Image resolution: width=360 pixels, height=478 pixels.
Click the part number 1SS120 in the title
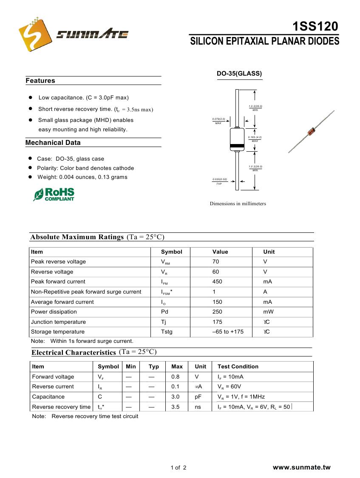pyautogui.click(x=315, y=27)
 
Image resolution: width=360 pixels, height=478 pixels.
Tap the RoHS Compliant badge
pyautogui.click(x=54, y=194)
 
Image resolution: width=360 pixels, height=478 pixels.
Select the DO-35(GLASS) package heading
pyautogui.click(x=239, y=74)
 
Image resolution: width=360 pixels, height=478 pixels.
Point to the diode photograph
pyautogui.click(x=312, y=131)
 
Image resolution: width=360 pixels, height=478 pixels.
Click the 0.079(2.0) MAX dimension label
pyautogui.click(x=218, y=121)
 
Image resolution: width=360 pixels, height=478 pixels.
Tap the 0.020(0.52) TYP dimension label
pyautogui.click(x=219, y=181)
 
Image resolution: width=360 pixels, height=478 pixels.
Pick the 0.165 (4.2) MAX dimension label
pyautogui.click(x=255, y=139)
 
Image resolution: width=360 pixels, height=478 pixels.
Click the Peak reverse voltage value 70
pyautogui.click(x=216, y=262)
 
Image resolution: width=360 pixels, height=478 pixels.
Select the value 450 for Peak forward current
pyautogui.click(x=218, y=282)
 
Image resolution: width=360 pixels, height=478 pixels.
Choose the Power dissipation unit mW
pyautogui.click(x=268, y=312)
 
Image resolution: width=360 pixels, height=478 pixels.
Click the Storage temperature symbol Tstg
pyautogui.click(x=167, y=332)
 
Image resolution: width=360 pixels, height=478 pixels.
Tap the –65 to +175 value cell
pyautogui.click(x=228, y=332)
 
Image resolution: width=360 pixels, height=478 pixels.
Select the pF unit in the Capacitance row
pyautogui.click(x=198, y=397)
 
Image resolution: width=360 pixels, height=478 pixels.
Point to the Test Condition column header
pyautogui.click(x=238, y=367)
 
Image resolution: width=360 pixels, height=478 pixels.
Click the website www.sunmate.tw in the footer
pyautogui.click(x=301, y=467)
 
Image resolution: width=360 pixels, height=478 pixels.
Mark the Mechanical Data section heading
pyautogui.click(x=53, y=143)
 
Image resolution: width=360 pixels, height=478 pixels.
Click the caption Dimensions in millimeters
pyautogui.click(x=238, y=204)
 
